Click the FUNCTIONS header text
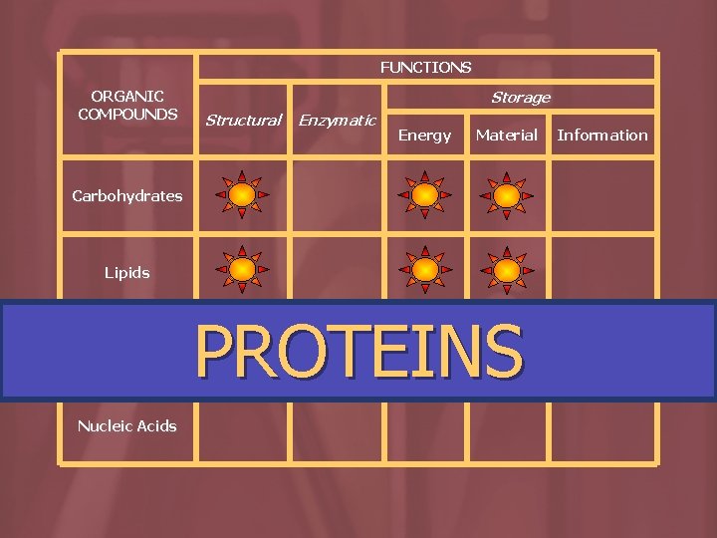click(425, 68)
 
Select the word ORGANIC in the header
click(127, 97)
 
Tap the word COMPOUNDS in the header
click(127, 114)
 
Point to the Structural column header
click(243, 121)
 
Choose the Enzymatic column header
click(338, 121)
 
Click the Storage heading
click(520, 98)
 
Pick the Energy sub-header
click(424, 135)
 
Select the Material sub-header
click(506, 134)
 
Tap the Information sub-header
click(601, 135)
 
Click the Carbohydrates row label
click(126, 196)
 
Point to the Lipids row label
click(126, 272)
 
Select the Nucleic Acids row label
click(126, 426)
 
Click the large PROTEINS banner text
click(358, 351)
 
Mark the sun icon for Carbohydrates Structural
click(242, 195)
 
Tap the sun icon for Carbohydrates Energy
click(425, 195)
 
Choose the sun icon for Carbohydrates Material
click(507, 195)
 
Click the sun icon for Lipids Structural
click(242, 270)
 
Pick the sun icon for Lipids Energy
click(425, 270)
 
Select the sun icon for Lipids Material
click(507, 270)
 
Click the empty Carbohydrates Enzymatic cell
click(338, 196)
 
